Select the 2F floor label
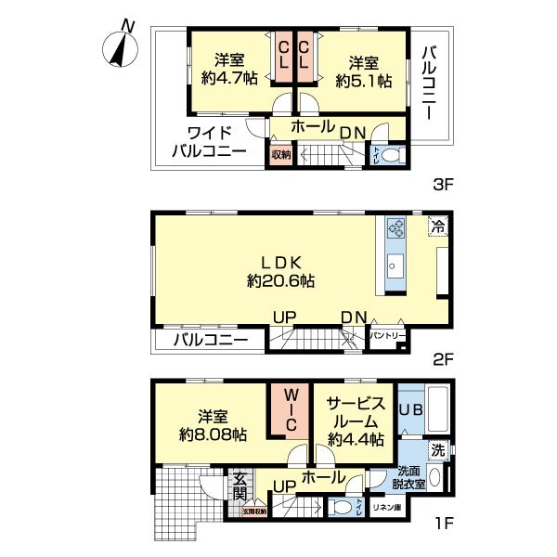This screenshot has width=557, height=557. click(x=442, y=358)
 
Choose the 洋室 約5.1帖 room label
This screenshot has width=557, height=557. click(x=364, y=71)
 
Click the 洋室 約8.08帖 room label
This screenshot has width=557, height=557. click(x=213, y=425)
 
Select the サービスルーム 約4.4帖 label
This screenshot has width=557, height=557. click(x=354, y=421)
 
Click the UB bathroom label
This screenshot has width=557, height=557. click(x=411, y=409)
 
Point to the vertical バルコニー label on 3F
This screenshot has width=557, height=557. click(x=429, y=84)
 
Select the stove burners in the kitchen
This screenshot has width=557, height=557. click(x=394, y=228)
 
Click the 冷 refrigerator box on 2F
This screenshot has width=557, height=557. click(x=436, y=226)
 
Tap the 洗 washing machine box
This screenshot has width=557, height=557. click(x=436, y=450)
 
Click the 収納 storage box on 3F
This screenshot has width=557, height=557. click(x=279, y=155)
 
